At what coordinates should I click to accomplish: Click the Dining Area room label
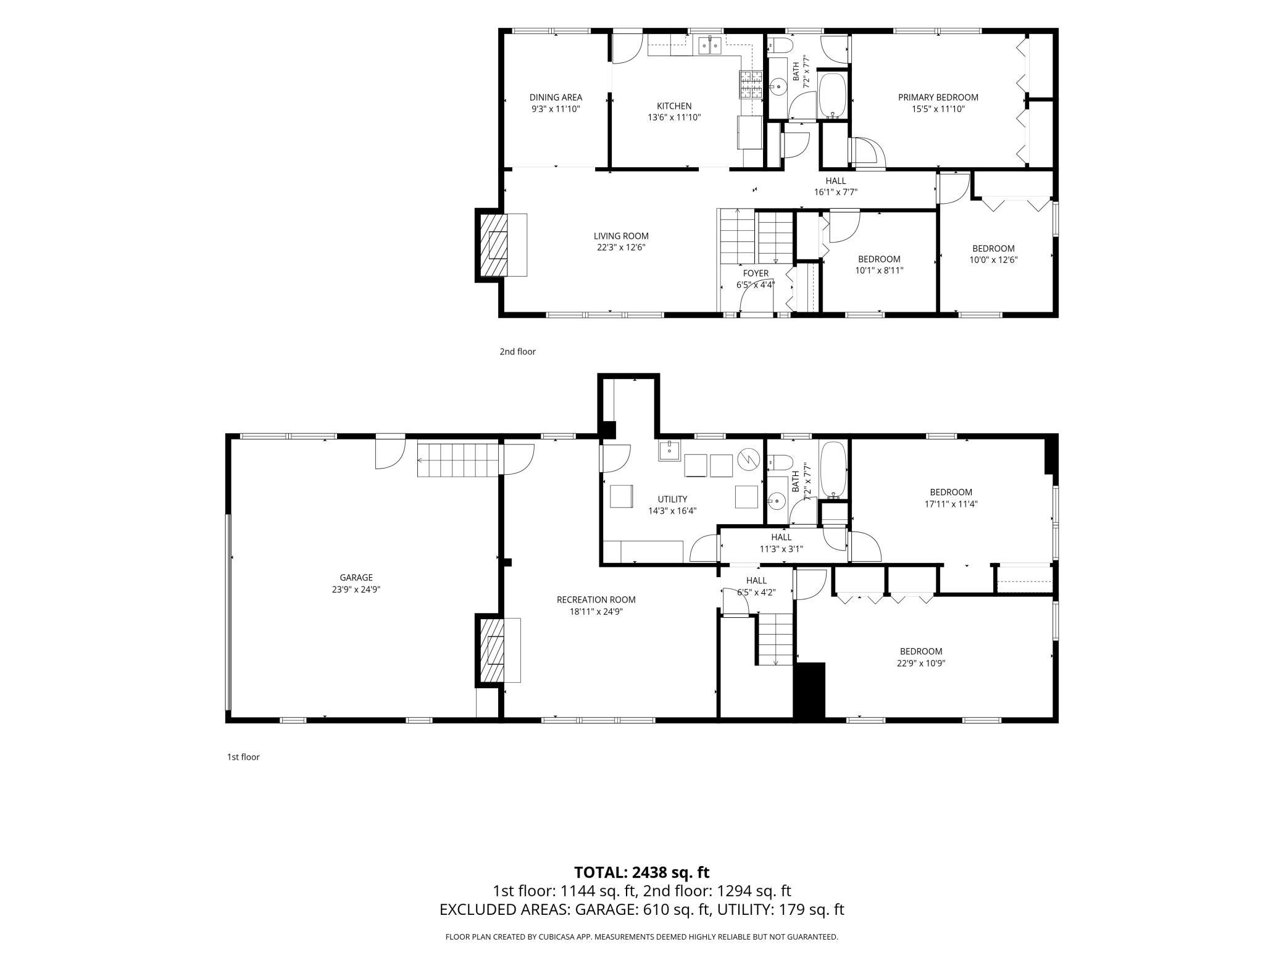pos(556,98)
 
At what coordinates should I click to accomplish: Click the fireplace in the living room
pos(501,245)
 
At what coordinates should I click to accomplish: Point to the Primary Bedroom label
pos(938,98)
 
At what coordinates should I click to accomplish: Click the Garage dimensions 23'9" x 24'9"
pos(356,589)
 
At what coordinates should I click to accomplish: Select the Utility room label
pos(672,499)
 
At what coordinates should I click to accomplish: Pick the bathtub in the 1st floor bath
pos(834,470)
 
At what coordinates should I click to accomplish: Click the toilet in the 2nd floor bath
pos(780,46)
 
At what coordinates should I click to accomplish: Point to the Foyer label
pos(756,273)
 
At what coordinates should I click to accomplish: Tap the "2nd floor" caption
pos(517,352)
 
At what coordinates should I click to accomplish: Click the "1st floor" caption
pos(243,757)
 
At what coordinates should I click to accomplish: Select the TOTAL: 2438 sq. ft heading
pos(641,872)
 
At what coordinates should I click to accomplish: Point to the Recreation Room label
pos(596,599)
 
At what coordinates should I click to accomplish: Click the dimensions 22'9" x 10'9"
pos(921,663)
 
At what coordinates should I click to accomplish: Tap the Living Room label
pos(621,236)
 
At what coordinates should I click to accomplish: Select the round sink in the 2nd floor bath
pos(778,87)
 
